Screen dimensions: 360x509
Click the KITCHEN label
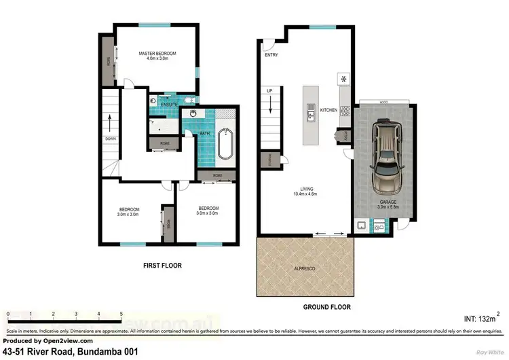click(x=328, y=110)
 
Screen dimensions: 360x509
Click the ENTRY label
click(x=272, y=55)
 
